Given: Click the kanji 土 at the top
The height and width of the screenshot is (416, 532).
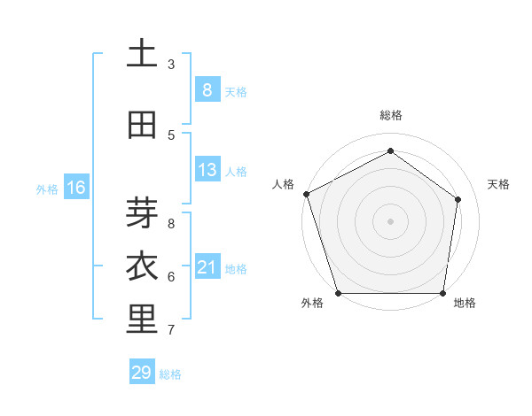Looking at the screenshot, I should (x=142, y=54).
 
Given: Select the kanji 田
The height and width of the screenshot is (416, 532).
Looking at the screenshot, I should (x=142, y=125).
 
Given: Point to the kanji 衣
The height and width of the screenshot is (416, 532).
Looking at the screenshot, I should (x=142, y=266).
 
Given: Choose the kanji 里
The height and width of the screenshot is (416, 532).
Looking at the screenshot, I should (x=142, y=320).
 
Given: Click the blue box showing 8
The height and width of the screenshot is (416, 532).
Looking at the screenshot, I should (x=207, y=90).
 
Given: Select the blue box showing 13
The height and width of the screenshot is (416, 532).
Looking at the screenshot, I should (x=207, y=170).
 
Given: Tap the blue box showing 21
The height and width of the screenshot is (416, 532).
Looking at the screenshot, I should (x=207, y=267).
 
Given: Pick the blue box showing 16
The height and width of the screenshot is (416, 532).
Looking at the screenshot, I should (x=75, y=188).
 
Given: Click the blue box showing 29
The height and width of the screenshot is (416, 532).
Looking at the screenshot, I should (x=142, y=373).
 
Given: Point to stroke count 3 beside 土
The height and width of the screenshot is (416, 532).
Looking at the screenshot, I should (x=171, y=65).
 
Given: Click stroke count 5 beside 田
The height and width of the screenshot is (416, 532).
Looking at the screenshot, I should (x=171, y=135).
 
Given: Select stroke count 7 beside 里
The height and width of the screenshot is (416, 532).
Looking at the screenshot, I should (x=171, y=330).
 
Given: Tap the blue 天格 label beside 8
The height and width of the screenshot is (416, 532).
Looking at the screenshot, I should (x=236, y=91).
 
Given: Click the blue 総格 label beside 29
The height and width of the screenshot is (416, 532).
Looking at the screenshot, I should (x=170, y=374).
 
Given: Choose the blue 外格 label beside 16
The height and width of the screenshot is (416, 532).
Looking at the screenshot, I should (x=47, y=189).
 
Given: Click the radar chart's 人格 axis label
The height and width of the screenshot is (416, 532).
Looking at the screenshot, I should (x=284, y=184).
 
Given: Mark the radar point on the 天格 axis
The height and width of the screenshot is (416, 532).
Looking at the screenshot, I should (x=458, y=199).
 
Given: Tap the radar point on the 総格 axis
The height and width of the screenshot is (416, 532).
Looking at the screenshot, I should (x=390, y=150).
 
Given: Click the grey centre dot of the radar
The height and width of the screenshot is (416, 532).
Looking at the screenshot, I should (x=390, y=221).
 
